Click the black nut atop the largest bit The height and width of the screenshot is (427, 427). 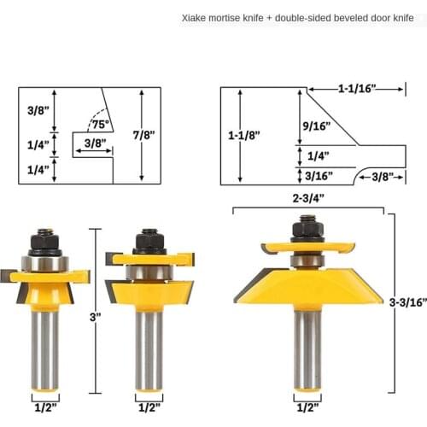pos(307,230)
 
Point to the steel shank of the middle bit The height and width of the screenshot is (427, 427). pos(149,346)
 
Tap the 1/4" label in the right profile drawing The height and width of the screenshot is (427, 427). pos(318,155)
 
